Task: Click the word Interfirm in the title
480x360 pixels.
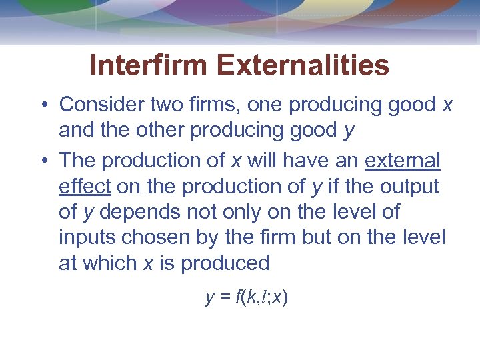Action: pos(150,65)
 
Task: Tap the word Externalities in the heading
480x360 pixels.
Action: pos(303,65)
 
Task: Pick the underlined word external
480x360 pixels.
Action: pos(403,161)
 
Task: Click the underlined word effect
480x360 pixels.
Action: pos(84,186)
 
